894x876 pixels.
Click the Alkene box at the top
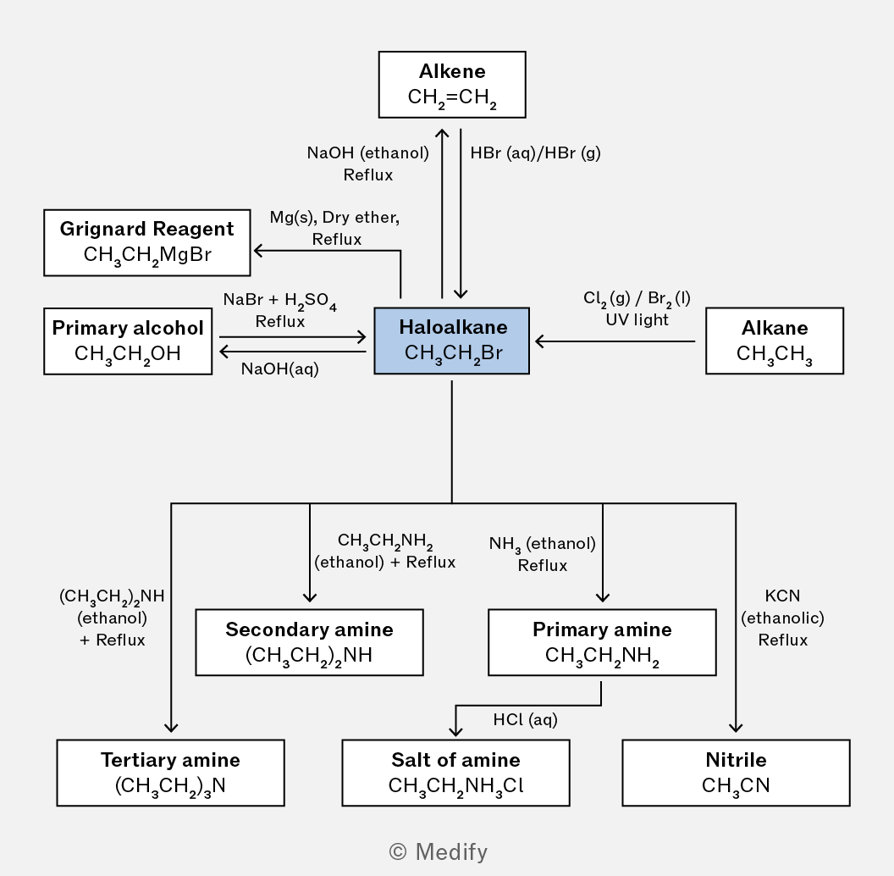click(x=452, y=85)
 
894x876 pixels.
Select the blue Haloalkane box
click(x=451, y=341)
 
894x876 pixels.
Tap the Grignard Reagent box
click(x=147, y=242)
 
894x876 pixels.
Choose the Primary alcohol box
click(x=128, y=341)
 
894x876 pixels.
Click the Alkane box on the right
click(x=775, y=341)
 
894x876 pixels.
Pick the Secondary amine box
click(x=310, y=642)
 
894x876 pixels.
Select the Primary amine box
click(x=602, y=642)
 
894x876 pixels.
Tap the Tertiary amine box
click(x=170, y=773)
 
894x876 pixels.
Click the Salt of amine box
click(x=455, y=773)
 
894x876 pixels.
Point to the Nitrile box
click(x=736, y=773)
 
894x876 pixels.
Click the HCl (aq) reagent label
click(x=525, y=719)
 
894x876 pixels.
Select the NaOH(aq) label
click(x=280, y=369)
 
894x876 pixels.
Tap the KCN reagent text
click(x=782, y=596)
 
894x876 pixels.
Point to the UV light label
click(x=637, y=319)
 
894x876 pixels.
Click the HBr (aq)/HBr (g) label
click(x=535, y=153)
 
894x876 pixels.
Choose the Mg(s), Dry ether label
click(x=334, y=218)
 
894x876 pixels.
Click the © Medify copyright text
click(x=438, y=851)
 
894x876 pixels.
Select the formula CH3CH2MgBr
click(x=147, y=254)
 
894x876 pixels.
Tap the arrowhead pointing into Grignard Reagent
click(x=258, y=251)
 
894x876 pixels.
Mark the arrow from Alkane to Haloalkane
click(x=615, y=341)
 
